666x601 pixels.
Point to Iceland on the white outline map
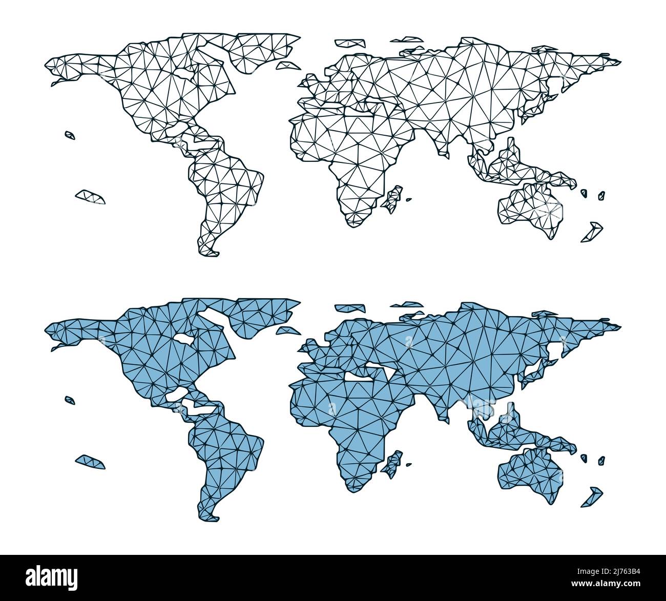point(287,65)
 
